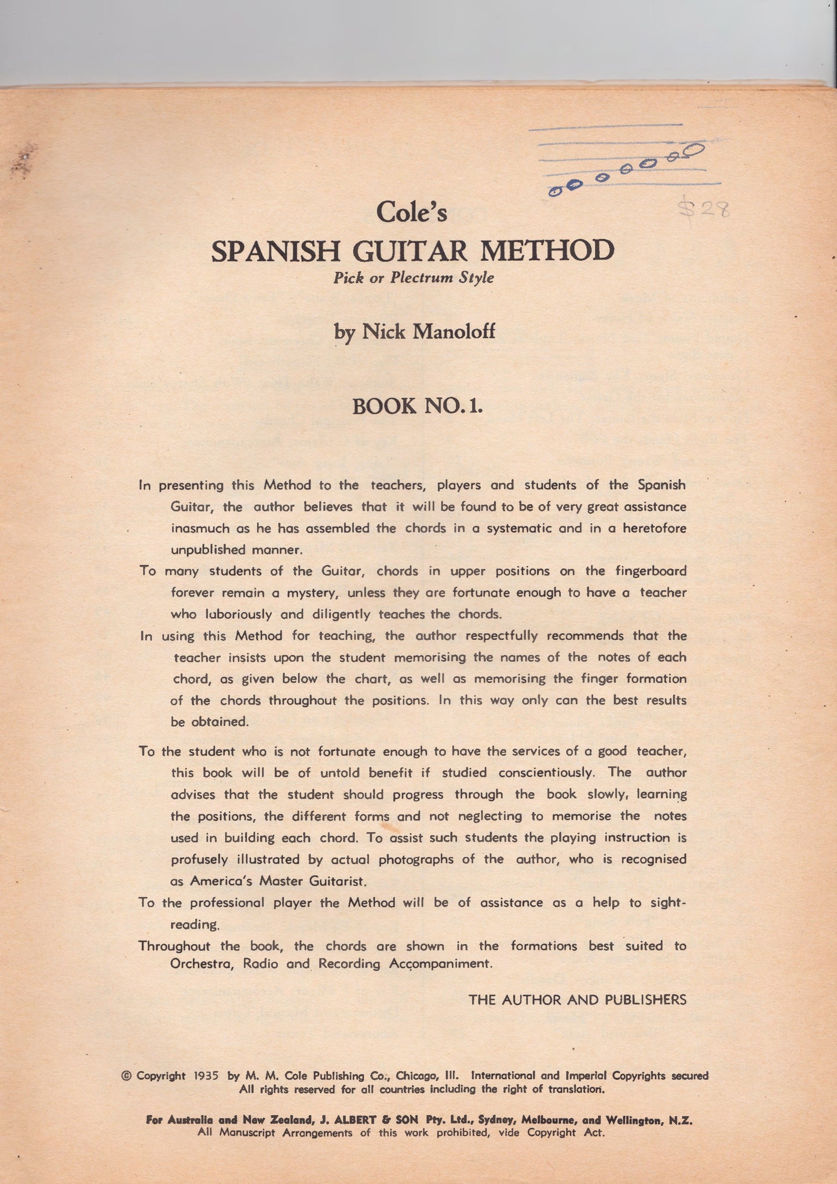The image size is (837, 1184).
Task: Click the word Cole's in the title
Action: click(411, 212)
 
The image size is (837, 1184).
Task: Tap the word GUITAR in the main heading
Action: click(412, 251)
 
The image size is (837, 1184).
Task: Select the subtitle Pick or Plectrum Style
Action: click(413, 278)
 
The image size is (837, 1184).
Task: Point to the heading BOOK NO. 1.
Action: click(417, 406)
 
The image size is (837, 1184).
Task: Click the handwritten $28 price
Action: click(704, 209)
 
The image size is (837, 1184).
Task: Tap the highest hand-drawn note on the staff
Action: click(693, 150)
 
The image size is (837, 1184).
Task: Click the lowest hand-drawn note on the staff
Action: click(554, 191)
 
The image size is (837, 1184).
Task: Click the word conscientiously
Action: click(546, 773)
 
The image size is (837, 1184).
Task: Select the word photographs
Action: click(415, 859)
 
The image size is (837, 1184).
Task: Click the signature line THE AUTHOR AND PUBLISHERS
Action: click(577, 1000)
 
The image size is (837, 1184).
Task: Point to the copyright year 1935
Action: click(206, 1076)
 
